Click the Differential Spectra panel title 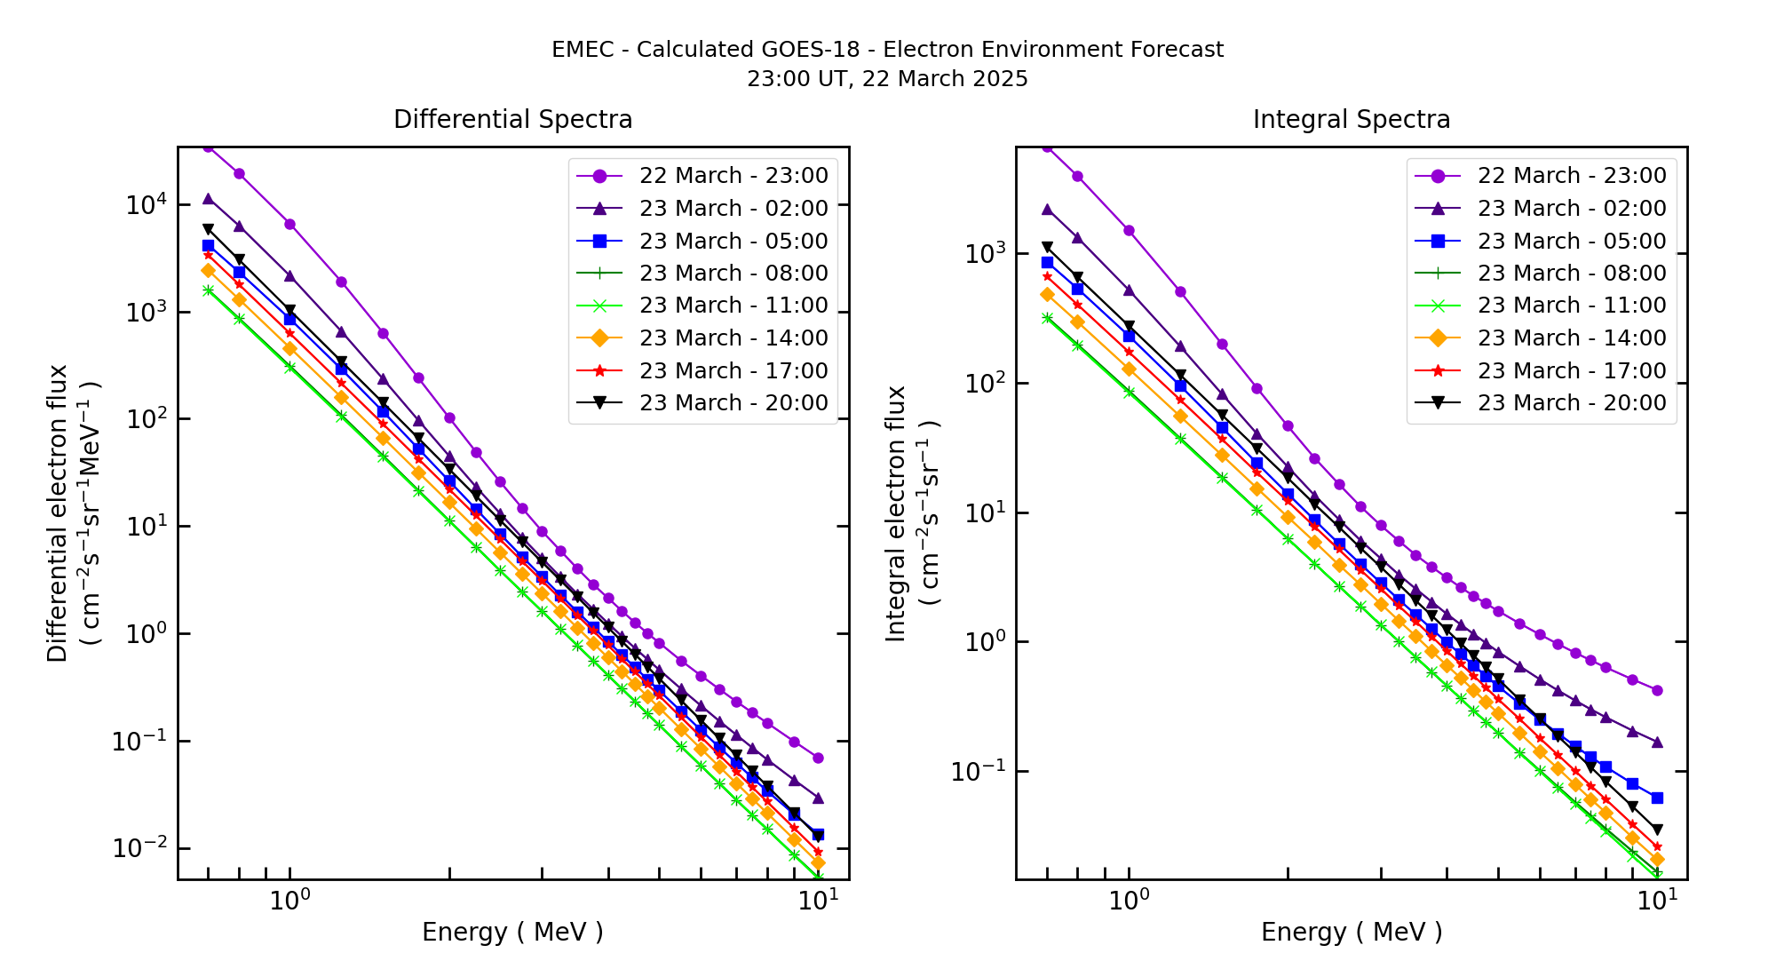point(512,119)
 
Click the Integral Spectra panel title point(1351,119)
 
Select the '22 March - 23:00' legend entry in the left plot point(733,176)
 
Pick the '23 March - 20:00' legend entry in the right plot point(1571,403)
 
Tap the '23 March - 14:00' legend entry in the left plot point(733,338)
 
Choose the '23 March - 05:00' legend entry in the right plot point(1571,242)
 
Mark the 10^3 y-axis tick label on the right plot point(984,254)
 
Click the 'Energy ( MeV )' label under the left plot point(512,932)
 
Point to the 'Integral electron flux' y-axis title point(896,512)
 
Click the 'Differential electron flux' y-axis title point(58,512)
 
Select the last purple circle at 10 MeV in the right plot point(1657,690)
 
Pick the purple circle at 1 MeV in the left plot point(289,224)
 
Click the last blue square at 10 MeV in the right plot point(1657,798)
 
